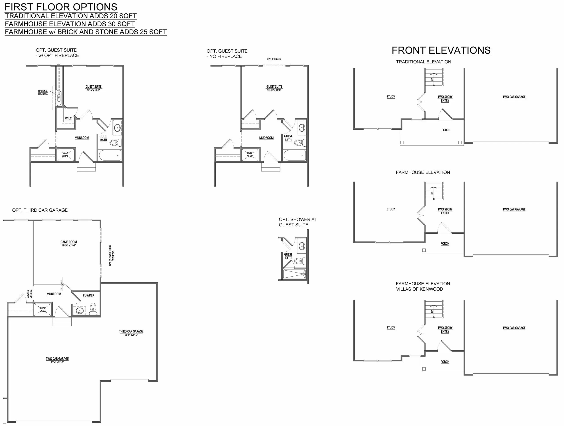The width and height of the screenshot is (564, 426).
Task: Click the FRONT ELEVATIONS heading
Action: click(441, 50)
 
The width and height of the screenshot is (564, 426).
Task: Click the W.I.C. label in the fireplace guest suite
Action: click(68, 118)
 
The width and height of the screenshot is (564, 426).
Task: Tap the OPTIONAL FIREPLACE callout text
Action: click(43, 92)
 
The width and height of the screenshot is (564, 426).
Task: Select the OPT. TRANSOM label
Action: click(274, 59)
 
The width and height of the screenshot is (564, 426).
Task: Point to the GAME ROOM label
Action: click(69, 242)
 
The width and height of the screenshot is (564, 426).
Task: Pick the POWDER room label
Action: click(89, 295)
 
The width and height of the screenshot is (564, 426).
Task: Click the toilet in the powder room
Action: click(93, 309)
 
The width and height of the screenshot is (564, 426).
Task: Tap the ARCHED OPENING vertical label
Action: click(29, 294)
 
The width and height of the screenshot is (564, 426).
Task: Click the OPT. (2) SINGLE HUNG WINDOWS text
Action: click(112, 256)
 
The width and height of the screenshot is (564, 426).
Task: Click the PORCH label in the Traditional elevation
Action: click(446, 130)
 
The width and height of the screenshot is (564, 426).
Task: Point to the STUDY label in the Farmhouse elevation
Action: click(391, 209)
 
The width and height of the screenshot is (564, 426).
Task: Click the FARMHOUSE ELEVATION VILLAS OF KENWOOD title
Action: click(423, 286)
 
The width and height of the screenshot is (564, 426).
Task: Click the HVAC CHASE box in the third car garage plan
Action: click(43, 310)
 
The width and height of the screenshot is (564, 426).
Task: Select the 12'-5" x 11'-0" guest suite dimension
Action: click(93, 90)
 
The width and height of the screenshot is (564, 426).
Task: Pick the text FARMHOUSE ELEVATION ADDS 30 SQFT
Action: click(70, 24)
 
